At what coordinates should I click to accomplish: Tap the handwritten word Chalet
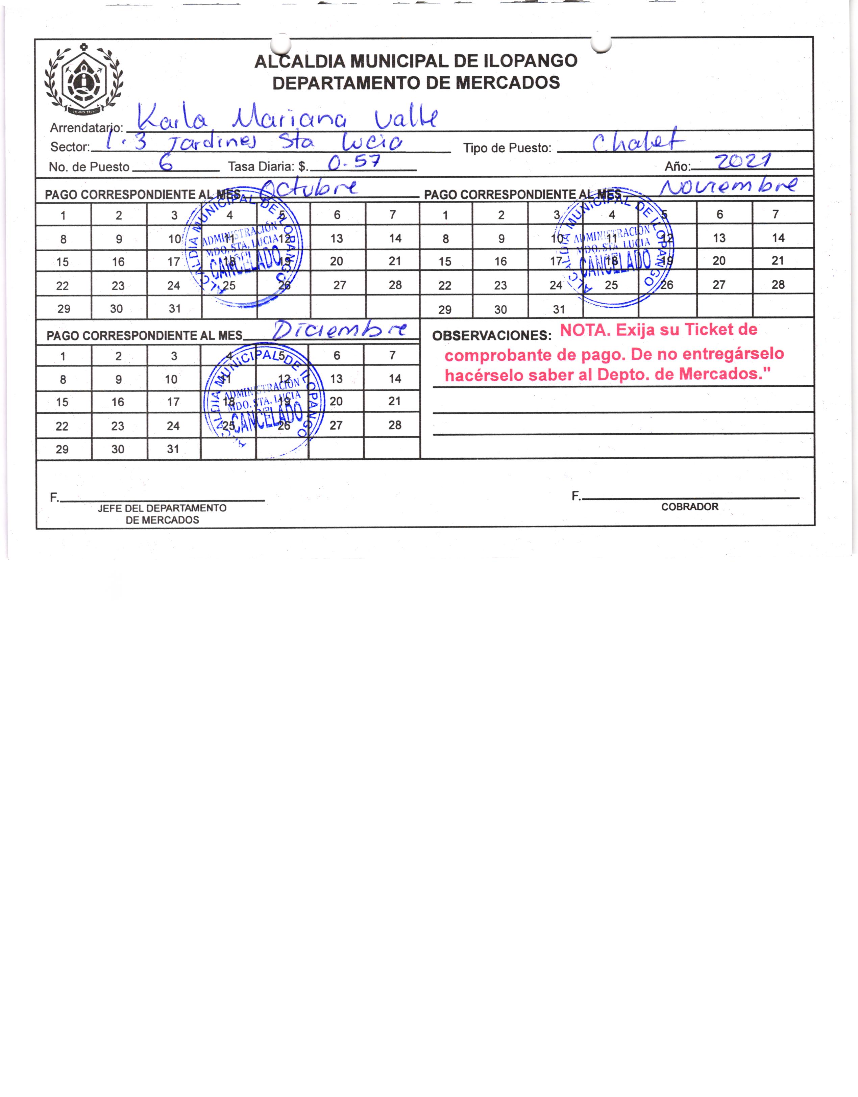click(x=637, y=142)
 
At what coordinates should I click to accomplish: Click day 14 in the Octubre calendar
click(x=395, y=238)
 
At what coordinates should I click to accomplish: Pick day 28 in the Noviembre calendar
click(x=778, y=285)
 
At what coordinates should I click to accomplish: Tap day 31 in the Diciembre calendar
click(x=173, y=449)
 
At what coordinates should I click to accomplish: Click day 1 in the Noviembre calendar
click(x=445, y=215)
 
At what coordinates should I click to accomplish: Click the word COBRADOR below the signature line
click(x=690, y=507)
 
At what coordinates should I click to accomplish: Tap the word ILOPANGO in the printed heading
click(x=530, y=61)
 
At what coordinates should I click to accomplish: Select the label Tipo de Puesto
click(x=507, y=148)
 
